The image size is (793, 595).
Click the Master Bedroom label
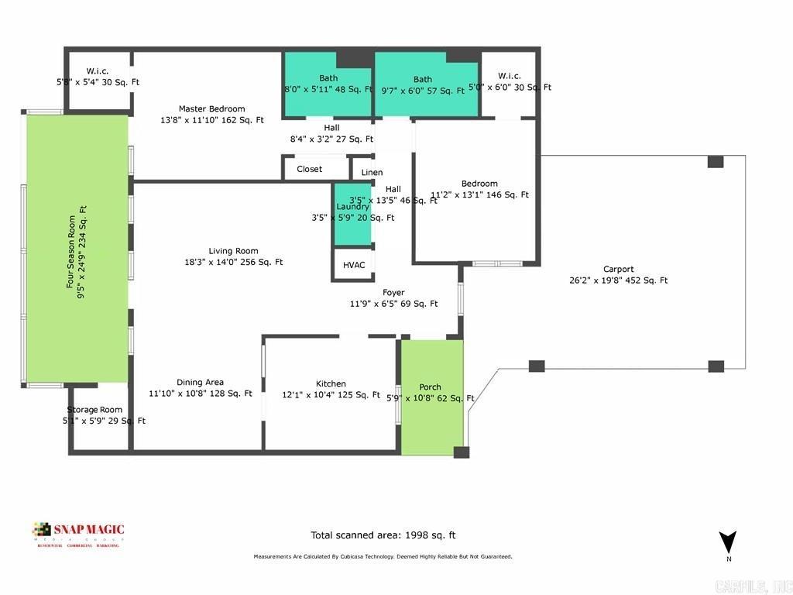coord(211,109)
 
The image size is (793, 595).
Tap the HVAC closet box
coord(354,265)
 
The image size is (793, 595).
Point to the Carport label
coord(617,270)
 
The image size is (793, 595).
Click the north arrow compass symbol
coord(727,543)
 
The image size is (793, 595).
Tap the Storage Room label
coord(94,410)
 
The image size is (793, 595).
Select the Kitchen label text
coord(331,383)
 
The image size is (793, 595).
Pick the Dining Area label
coord(200,382)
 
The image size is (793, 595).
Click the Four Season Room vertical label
coord(75,247)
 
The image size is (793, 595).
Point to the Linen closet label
coord(372,173)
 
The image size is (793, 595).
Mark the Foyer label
coord(393,293)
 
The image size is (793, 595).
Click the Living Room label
coord(233,251)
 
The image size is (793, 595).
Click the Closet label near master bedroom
coord(310,169)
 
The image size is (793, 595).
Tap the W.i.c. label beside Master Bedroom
coord(98,71)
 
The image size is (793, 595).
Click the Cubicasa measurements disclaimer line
coord(383,556)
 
